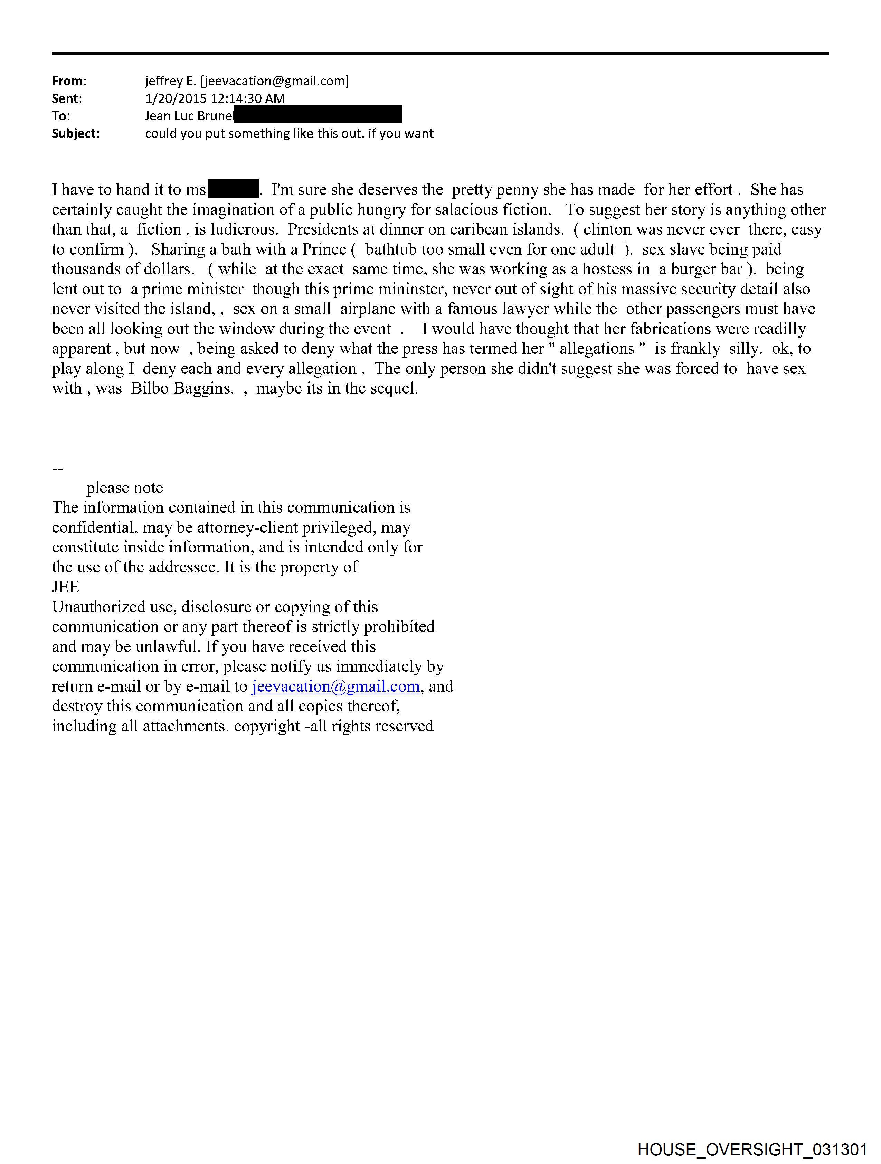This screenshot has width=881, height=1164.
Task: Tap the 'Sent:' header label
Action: point(66,98)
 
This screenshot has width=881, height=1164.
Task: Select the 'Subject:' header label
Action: point(75,134)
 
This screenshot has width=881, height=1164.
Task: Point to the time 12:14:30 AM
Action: point(247,98)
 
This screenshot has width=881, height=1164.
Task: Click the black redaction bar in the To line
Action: point(318,115)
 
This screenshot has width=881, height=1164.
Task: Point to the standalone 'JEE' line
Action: point(66,587)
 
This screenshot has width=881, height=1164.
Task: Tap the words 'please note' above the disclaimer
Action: point(125,488)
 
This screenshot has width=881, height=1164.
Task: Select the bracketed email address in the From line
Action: point(275,81)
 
